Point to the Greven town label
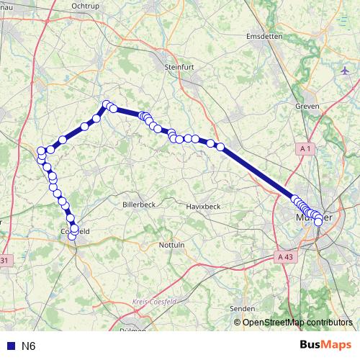pos(307,107)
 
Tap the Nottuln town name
pos(171,245)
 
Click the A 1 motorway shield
pos(306,148)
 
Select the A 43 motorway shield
pos(285,256)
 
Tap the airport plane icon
pos(346,72)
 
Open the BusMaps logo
pos(325,344)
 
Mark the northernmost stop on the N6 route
pos(107,104)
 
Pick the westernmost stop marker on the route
pos(41,151)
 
